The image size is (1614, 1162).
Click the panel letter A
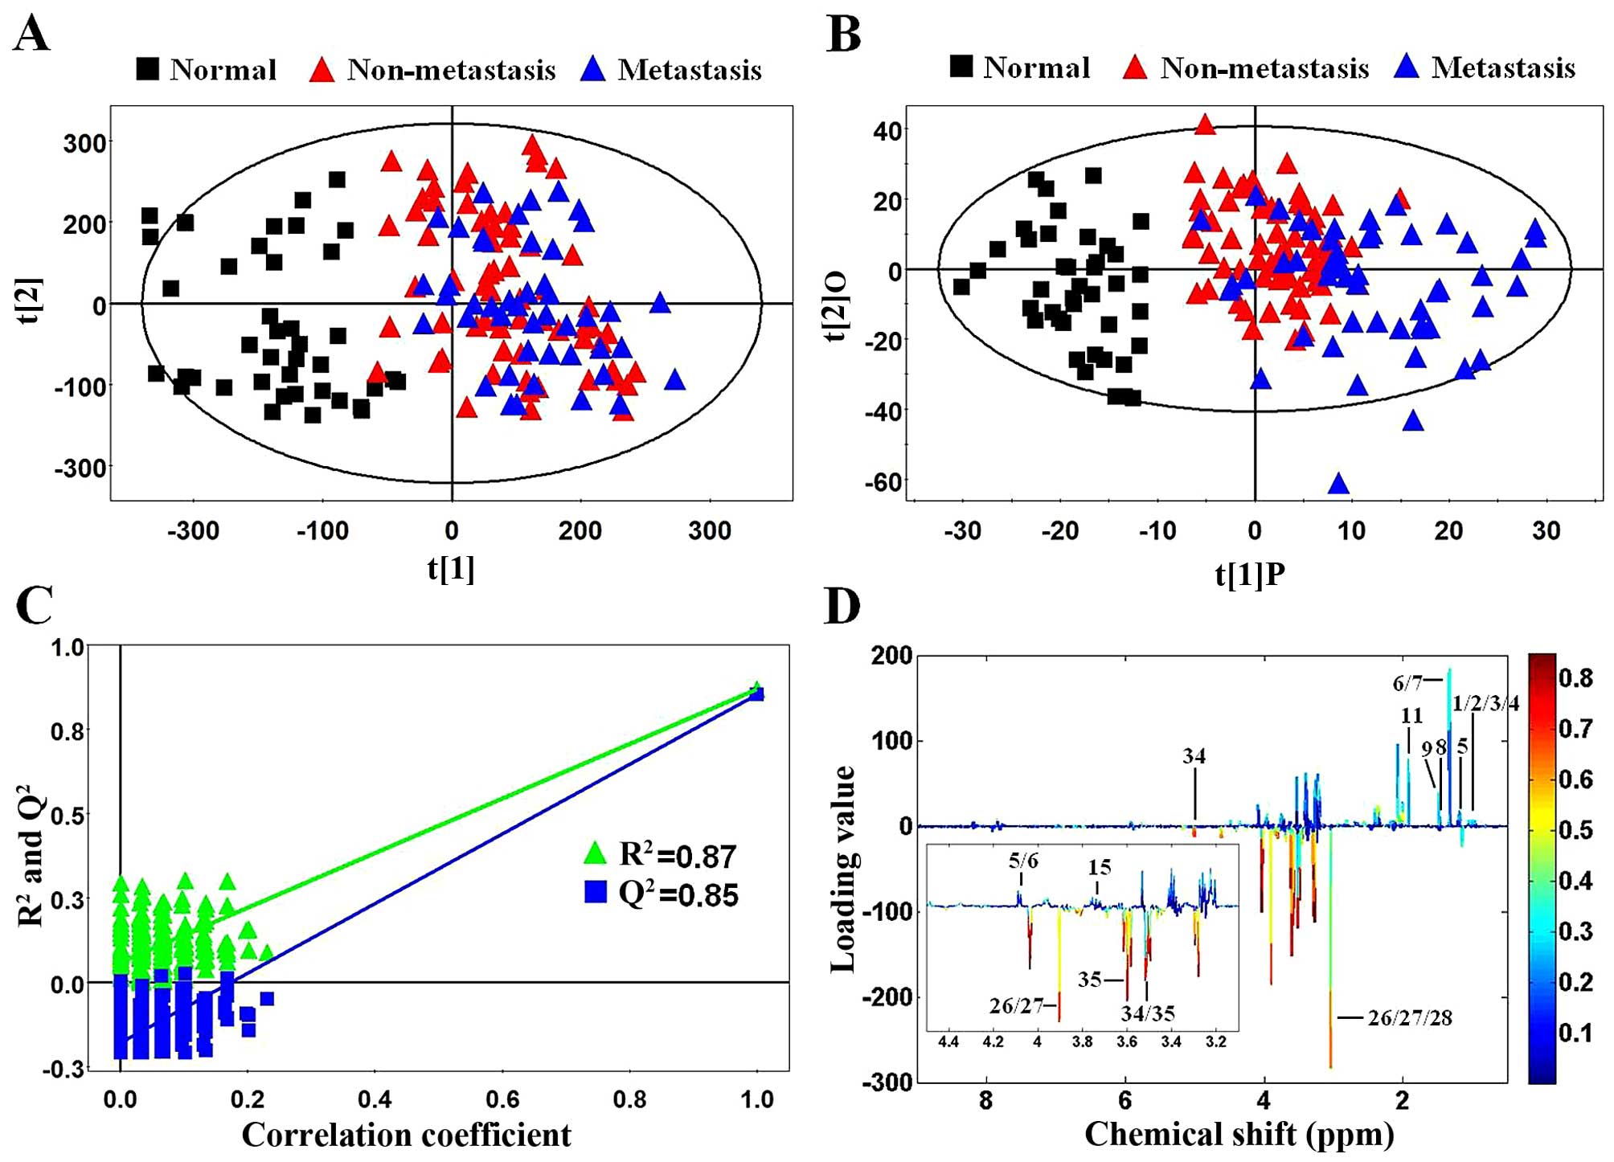click(x=31, y=35)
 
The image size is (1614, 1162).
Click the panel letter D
click(x=842, y=607)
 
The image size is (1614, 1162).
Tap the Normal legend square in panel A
click(x=147, y=69)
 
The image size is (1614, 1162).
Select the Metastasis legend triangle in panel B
click(x=1407, y=67)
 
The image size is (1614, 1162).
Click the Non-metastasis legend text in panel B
click(x=1264, y=68)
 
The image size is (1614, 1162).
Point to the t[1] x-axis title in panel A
click(x=451, y=568)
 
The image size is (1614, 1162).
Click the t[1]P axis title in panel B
click(x=1250, y=574)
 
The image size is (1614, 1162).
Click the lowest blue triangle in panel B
click(x=1338, y=484)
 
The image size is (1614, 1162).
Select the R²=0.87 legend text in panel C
click(x=678, y=855)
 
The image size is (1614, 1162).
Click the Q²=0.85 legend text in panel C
click(x=678, y=894)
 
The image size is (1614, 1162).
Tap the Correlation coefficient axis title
click(x=406, y=1135)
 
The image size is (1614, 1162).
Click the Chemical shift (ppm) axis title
click(x=1239, y=1134)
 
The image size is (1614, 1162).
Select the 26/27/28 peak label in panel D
click(x=1410, y=1018)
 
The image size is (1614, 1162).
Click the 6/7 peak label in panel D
click(x=1407, y=683)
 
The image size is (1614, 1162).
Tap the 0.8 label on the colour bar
click(x=1575, y=678)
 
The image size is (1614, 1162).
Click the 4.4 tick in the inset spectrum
click(x=948, y=1042)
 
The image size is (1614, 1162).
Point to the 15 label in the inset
click(x=1100, y=867)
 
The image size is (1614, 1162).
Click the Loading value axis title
click(x=843, y=868)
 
